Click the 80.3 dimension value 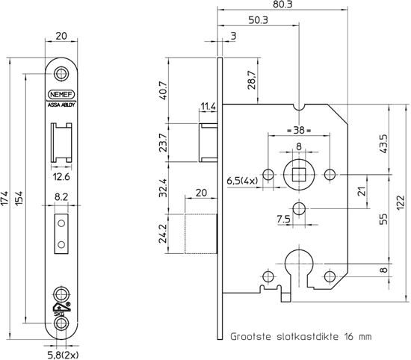click(x=282, y=4)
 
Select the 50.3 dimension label click(x=259, y=19)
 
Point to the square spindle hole click(x=299, y=175)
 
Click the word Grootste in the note click(x=254, y=336)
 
